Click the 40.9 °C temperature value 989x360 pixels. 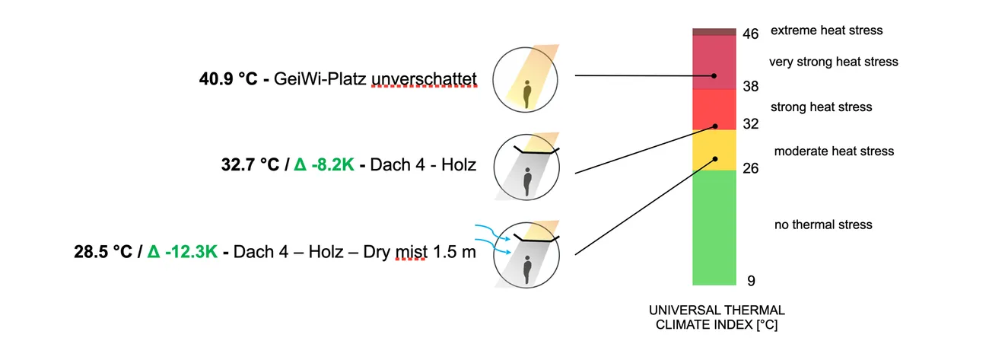[224, 78]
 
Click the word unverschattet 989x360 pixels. [424, 78]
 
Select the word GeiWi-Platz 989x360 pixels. [324, 78]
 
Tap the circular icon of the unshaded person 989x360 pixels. [526, 79]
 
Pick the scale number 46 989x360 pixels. [750, 34]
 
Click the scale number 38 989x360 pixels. [750, 87]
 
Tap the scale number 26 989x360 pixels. [750, 168]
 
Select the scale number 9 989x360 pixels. [751, 281]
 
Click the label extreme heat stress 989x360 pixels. [826, 30]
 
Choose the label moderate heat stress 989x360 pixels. [834, 151]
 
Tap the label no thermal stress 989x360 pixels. [823, 225]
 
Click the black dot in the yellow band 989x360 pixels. [715, 159]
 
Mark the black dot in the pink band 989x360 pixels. [714, 76]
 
